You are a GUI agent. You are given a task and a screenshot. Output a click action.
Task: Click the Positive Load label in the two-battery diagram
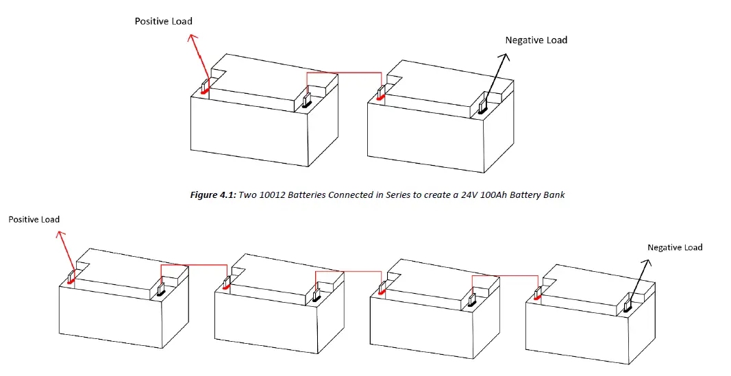pyautogui.click(x=163, y=21)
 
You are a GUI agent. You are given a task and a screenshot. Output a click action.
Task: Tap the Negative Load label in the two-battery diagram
pyautogui.click(x=536, y=40)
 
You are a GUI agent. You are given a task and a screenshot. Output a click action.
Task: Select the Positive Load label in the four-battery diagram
pyautogui.click(x=34, y=219)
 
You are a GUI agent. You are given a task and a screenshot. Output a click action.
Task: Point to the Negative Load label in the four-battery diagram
pyautogui.click(x=675, y=247)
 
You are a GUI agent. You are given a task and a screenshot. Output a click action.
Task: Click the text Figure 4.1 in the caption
pyautogui.click(x=211, y=195)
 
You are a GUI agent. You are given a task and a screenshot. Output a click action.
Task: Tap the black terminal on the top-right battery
pyautogui.click(x=482, y=107)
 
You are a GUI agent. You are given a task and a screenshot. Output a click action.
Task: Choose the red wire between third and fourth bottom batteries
pyautogui.click(x=504, y=275)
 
